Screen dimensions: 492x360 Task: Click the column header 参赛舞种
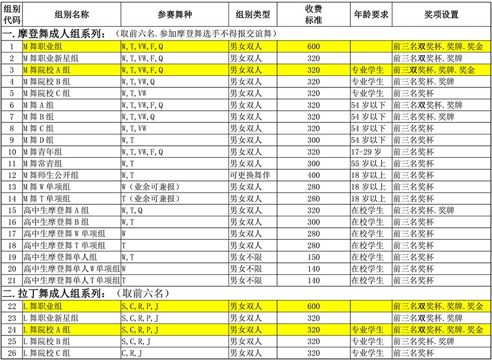(x=175, y=14)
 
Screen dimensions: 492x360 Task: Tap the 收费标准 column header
(x=314, y=14)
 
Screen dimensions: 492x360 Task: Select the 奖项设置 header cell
(x=441, y=14)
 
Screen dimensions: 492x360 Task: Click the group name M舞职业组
(x=43, y=47)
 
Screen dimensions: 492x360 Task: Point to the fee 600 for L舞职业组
(x=314, y=306)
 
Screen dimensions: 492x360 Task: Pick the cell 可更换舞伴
(x=250, y=175)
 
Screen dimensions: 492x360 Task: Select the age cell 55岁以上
(x=368, y=164)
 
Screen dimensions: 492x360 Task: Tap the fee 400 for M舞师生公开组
(x=314, y=175)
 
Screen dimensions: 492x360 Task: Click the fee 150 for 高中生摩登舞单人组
(x=314, y=257)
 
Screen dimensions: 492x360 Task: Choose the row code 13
(x=12, y=187)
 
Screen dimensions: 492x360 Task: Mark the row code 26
(x=12, y=353)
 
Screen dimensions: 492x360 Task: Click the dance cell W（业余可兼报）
(x=151, y=187)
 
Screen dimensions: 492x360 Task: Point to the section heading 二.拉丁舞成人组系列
(x=54, y=294)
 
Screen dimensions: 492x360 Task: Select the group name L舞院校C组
(x=47, y=353)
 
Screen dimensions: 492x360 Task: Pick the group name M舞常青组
(x=43, y=164)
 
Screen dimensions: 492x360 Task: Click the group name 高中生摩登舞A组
(x=56, y=210)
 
